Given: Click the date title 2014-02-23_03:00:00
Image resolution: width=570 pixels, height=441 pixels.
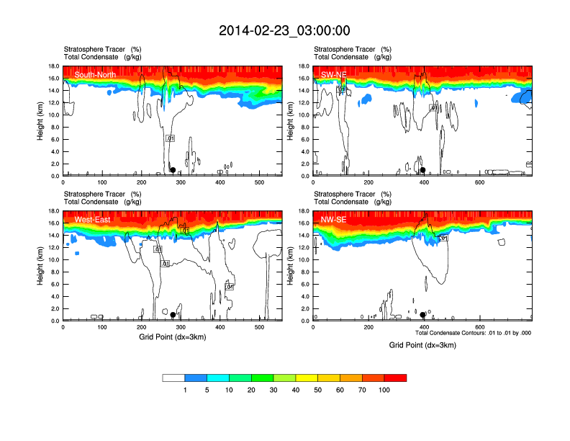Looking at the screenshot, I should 284,30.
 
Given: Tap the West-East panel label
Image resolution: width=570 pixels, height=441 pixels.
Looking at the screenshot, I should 92,219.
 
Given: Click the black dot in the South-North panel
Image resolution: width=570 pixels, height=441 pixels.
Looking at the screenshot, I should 173,170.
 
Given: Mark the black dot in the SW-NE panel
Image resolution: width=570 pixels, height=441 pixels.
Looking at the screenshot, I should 423,170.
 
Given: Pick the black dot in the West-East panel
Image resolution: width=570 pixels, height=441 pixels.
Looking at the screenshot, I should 173,315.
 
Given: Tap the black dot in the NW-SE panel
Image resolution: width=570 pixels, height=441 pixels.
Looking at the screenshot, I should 422,315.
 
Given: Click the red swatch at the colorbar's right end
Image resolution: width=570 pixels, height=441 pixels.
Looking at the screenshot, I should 395,378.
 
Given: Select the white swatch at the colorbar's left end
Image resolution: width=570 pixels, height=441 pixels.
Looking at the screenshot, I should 173,378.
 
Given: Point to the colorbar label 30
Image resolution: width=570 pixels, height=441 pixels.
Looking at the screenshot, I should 273,390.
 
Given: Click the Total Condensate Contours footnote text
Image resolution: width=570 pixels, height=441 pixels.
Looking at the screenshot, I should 473,333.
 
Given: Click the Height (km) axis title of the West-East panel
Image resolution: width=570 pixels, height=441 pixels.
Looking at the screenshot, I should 41,266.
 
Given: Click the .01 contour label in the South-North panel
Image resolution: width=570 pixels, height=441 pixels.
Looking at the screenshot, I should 170,138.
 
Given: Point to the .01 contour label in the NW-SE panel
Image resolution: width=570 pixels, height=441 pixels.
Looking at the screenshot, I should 443,238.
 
